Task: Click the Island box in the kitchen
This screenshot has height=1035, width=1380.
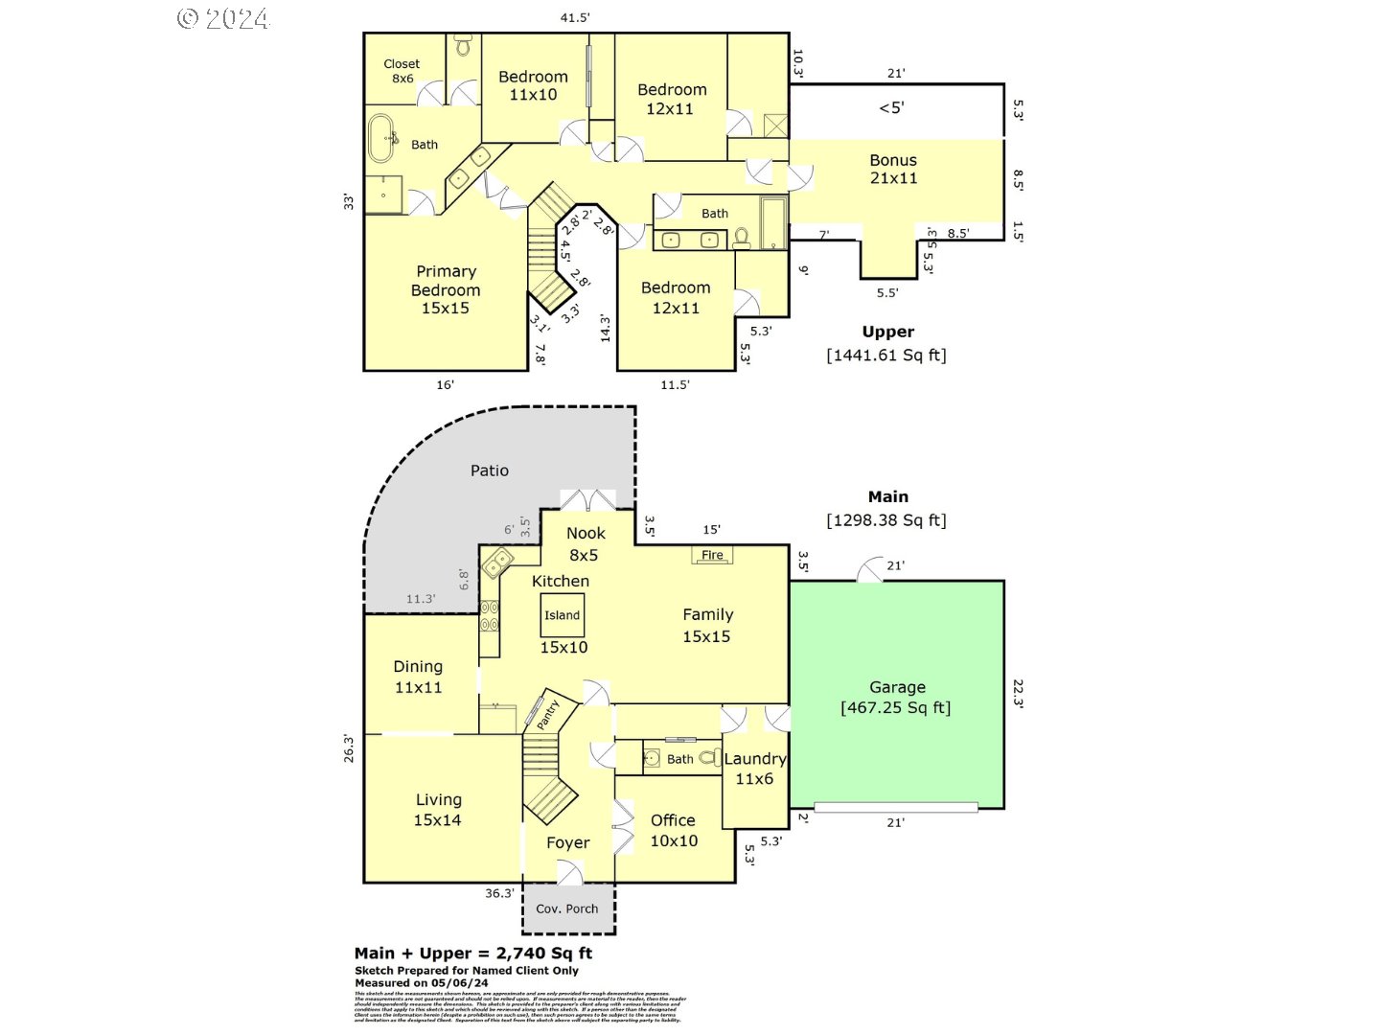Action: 563,615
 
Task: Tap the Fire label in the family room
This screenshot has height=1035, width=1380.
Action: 712,555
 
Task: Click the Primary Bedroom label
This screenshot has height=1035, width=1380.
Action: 446,289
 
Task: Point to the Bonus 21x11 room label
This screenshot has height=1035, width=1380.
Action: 893,169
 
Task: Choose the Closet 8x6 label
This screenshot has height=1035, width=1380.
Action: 402,71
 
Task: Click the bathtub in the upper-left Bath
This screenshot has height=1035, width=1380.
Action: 380,139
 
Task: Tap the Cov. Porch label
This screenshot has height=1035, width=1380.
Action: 567,908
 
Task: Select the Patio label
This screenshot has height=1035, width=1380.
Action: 490,471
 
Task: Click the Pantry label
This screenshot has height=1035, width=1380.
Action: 547,714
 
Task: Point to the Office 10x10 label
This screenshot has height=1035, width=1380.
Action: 674,830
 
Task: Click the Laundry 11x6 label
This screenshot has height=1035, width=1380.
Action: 755,769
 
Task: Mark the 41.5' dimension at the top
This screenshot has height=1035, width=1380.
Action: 575,17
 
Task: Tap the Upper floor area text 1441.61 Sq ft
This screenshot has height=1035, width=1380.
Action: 886,356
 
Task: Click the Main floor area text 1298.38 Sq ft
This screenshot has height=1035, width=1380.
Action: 886,520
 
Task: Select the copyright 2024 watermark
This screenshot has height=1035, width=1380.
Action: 223,18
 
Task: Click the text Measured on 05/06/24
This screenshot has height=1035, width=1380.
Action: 422,983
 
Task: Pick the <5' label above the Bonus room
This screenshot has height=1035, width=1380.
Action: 891,107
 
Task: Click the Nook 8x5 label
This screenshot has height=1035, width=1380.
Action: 585,543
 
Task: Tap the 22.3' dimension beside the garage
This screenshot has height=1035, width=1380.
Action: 1018,694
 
